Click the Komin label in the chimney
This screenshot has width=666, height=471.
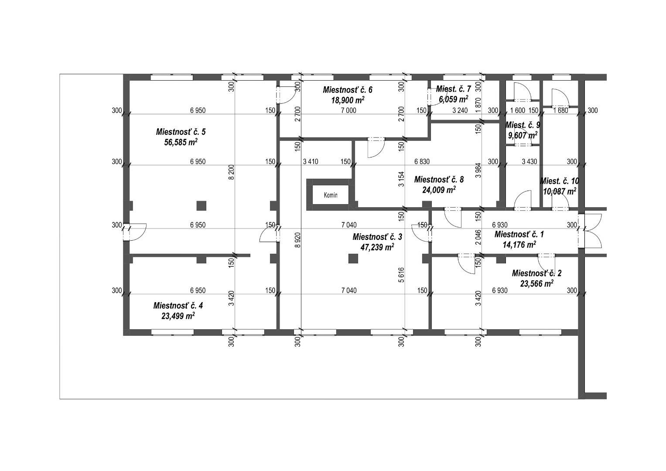tap(331, 195)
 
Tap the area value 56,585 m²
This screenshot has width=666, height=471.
tap(181, 142)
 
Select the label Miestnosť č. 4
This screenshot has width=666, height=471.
tap(178, 305)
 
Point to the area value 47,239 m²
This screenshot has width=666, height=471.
tap(377, 247)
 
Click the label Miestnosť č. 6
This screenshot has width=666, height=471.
tap(348, 89)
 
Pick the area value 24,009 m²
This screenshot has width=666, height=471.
tap(439, 190)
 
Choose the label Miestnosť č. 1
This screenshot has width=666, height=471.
tap(519, 234)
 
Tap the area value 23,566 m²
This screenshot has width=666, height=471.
tap(536, 283)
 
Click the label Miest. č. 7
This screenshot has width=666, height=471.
tap(454, 89)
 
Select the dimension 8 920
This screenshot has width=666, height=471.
tap(298, 240)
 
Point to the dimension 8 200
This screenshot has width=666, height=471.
tap(232, 172)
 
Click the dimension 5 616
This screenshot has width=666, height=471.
tap(401, 275)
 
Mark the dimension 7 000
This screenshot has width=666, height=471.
tap(348, 111)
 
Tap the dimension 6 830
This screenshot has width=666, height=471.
tap(422, 161)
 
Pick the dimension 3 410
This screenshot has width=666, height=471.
tap(311, 161)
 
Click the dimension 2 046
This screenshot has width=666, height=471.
tap(478, 237)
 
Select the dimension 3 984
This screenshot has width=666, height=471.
tap(478, 170)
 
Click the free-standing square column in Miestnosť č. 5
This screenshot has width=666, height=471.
tap(202, 205)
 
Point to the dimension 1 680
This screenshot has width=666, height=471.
tap(560, 111)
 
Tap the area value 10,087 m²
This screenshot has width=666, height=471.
tap(560, 191)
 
